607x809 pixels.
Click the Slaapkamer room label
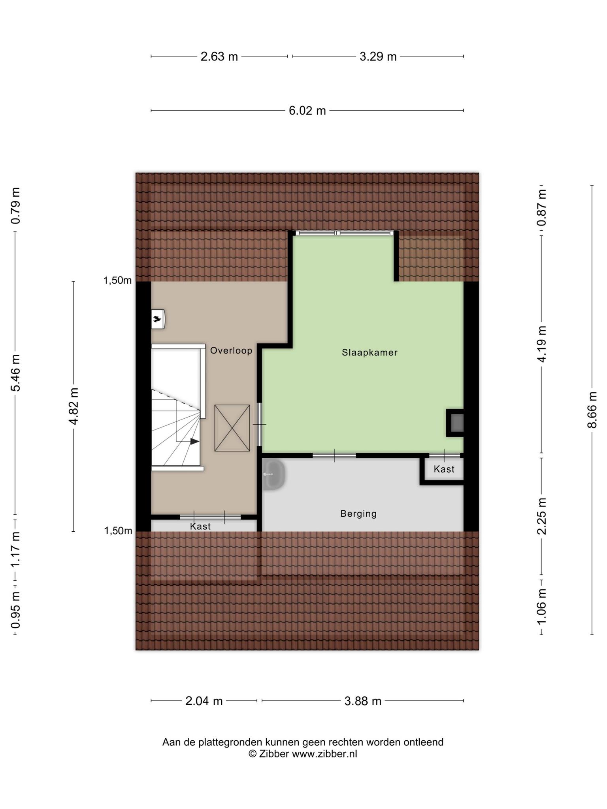tap(369, 352)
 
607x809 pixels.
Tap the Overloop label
tap(231, 350)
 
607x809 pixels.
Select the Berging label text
tap(358, 514)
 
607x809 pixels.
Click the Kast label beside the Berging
tap(444, 469)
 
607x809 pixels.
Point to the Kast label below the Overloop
tap(200, 526)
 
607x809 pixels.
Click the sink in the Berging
tap(273, 474)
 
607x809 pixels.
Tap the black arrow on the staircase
tap(195, 441)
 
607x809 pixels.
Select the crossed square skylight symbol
tap(232, 428)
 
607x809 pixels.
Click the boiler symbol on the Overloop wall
tap(158, 319)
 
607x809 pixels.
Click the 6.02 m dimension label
tap(307, 111)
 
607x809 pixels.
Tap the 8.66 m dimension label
tap(592, 410)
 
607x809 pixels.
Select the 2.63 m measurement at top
tap(219, 56)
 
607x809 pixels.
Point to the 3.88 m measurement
tap(363, 701)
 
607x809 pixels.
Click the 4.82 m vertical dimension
tap(74, 406)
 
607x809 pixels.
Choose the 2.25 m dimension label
tap(541, 516)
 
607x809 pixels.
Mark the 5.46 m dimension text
tap(15, 373)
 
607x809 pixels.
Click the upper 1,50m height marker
tap(117, 280)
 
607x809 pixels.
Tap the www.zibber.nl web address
tap(324, 754)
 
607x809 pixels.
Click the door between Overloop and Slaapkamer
tap(260, 424)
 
